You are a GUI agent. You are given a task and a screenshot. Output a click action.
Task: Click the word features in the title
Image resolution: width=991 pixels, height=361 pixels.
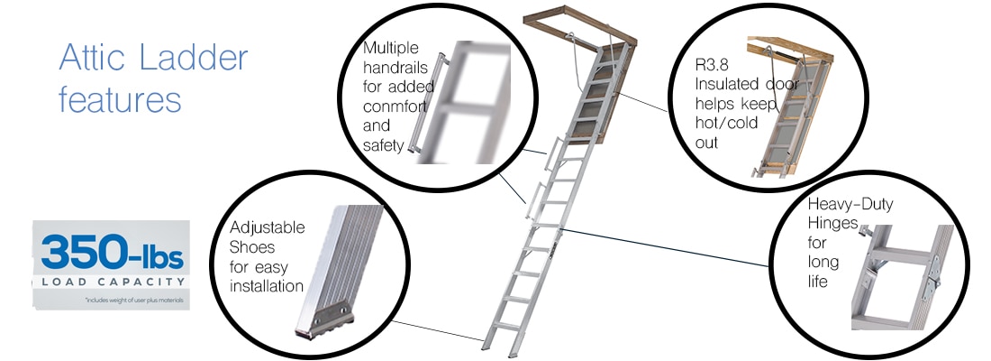120,98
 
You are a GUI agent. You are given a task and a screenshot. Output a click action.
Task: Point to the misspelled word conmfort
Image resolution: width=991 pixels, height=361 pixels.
393,106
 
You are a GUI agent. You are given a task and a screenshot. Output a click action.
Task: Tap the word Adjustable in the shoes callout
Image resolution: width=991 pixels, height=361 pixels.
268,227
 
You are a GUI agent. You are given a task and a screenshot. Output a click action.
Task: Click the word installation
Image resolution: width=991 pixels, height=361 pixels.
267,286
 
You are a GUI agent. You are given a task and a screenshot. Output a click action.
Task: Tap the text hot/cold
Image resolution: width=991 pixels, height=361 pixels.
726,123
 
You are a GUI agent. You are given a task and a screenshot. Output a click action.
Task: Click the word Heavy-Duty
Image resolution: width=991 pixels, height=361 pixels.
850,205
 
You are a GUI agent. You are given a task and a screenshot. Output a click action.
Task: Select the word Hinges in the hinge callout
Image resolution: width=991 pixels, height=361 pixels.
832,224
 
